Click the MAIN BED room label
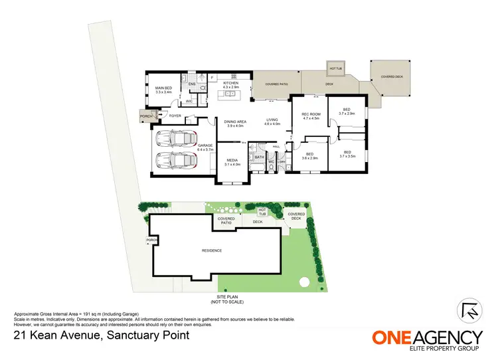163,90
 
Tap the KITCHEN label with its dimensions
230,86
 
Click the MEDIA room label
232,161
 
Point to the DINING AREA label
236,124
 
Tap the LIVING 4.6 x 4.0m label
273,122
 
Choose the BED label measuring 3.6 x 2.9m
311,156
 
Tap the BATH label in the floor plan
259,157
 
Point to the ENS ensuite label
192,84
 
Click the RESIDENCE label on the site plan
212,250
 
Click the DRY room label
282,161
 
